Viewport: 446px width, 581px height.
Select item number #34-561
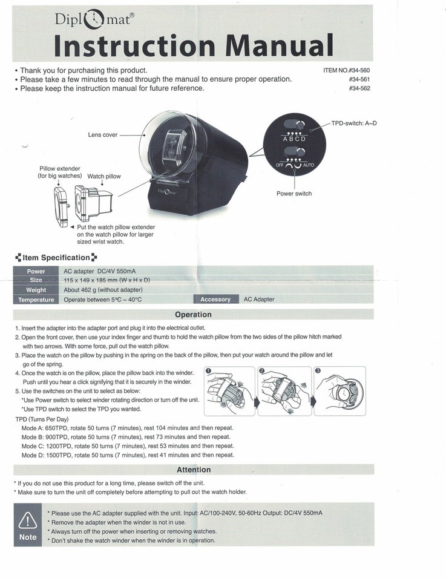click(359, 79)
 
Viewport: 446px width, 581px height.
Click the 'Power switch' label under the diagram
click(294, 194)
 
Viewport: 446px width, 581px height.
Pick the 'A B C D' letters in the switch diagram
click(295, 139)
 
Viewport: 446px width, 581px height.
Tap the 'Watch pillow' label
click(104, 177)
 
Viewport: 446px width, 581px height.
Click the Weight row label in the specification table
click(36, 290)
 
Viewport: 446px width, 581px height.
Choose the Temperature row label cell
click(36, 300)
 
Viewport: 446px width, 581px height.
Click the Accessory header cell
click(215, 300)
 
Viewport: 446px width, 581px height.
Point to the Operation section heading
click(193, 315)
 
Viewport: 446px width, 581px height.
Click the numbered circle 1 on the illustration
click(208, 370)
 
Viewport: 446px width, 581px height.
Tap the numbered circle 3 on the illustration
click(318, 370)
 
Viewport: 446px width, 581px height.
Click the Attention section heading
click(194, 470)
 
